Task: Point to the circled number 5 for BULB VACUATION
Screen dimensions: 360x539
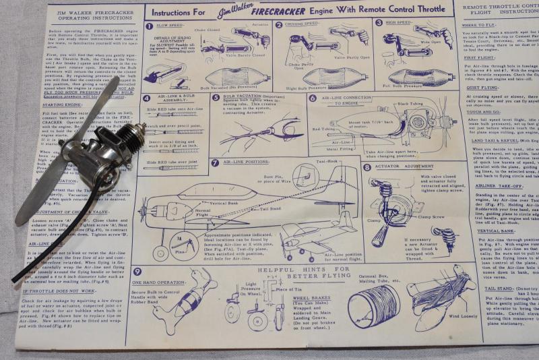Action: pos(216,96)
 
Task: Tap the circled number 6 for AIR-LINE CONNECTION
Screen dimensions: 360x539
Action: pos(313,98)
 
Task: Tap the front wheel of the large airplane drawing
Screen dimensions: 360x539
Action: pos(159,253)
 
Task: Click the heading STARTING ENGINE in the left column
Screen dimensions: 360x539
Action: pos(44,104)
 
